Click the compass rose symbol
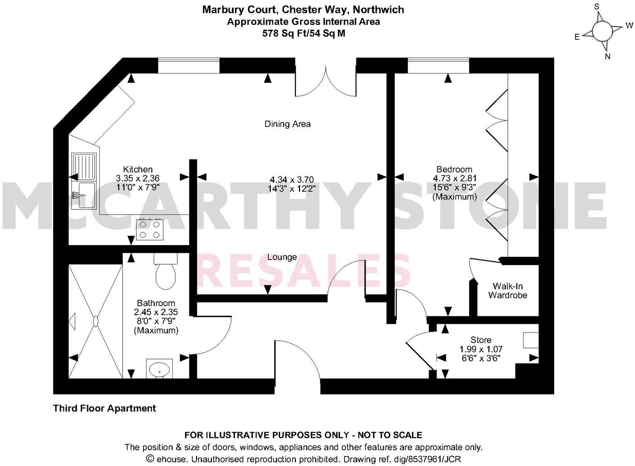point(602,31)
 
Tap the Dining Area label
point(287,124)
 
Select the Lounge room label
point(282,257)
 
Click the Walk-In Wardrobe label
point(507,291)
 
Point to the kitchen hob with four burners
point(150,229)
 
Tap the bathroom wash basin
point(159,368)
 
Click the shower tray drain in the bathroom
point(96,321)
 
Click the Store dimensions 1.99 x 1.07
point(481,349)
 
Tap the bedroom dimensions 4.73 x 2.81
point(455,178)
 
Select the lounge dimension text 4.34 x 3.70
point(291,180)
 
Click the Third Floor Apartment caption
point(105,408)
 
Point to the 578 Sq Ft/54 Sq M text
point(304,33)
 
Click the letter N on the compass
point(607,56)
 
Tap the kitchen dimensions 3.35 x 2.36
point(138,178)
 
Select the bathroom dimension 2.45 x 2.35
point(156,312)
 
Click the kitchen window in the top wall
point(189,65)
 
